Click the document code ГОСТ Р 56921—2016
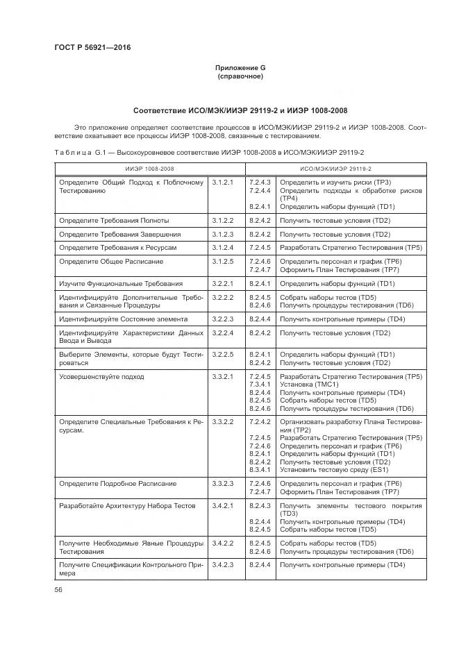click(x=92, y=47)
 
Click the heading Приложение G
click(x=240, y=67)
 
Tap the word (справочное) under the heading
click(x=240, y=76)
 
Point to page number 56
click(x=58, y=589)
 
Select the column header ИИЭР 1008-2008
click(x=149, y=169)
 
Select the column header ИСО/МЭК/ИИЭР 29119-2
click(x=335, y=169)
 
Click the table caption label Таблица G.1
click(x=78, y=151)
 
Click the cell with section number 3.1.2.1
click(x=223, y=182)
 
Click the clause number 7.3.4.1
click(x=259, y=384)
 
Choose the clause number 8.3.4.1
click(x=259, y=469)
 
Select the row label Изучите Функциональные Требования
click(x=121, y=283)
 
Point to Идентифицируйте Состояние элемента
click(x=123, y=319)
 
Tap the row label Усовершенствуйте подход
click(x=101, y=376)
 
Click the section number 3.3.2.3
click(x=223, y=483)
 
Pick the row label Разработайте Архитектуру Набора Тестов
click(x=127, y=505)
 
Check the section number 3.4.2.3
click(x=223, y=565)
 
